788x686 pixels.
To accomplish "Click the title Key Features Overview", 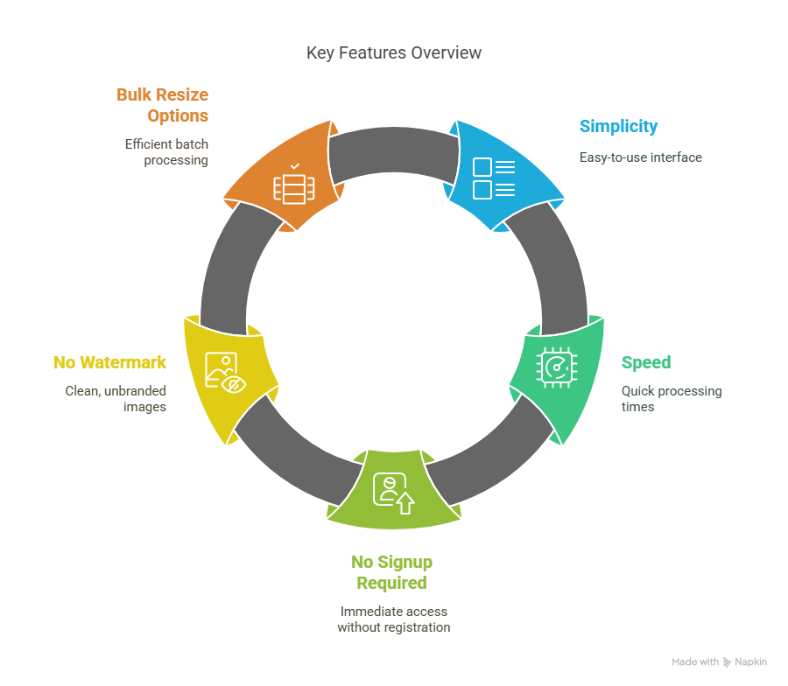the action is click(393, 52).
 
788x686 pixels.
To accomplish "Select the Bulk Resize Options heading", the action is click(162, 105).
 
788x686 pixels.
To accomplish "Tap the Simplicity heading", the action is click(618, 127).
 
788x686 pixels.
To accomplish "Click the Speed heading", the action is click(646, 362).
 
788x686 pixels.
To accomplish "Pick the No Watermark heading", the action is click(109, 362).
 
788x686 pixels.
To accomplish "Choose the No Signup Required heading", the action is click(392, 572).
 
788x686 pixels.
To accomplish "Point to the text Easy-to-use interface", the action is click(640, 157).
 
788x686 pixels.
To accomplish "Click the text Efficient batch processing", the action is click(166, 152).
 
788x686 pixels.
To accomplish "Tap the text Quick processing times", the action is click(672, 399).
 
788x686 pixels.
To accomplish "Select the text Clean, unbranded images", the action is click(116, 399).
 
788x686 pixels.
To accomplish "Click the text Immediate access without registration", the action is click(393, 619).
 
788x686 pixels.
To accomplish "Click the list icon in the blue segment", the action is click(494, 178).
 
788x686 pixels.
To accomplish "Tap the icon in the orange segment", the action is click(294, 184).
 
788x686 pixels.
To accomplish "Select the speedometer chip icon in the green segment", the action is click(556, 367).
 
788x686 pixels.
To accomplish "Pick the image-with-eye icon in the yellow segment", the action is click(225, 373).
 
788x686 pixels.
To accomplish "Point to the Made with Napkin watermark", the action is click(719, 661).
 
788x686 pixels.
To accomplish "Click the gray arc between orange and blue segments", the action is click(393, 150).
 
